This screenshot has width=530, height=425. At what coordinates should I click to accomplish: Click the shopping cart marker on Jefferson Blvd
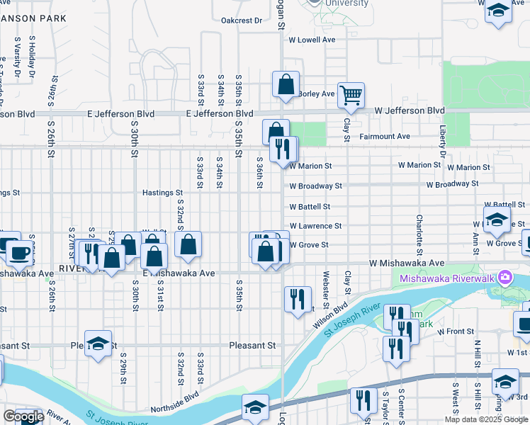[351, 95]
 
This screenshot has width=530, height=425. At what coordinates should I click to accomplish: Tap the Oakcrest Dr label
[241, 21]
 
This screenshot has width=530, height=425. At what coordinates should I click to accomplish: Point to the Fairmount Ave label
[385, 136]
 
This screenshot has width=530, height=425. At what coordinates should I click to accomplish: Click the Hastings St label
[162, 192]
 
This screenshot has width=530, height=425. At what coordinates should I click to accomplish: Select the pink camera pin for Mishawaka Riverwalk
[504, 276]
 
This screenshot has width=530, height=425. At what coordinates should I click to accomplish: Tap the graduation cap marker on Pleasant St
[98, 344]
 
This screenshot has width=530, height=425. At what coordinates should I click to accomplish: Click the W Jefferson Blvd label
[410, 111]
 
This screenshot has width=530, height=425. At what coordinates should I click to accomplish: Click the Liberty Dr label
[442, 142]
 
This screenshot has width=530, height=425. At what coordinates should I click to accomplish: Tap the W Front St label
[455, 331]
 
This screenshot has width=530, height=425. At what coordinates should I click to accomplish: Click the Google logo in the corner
[23, 416]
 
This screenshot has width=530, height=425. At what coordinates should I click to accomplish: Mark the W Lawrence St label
[315, 226]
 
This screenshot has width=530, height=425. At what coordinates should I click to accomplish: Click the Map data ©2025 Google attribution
[485, 419]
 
